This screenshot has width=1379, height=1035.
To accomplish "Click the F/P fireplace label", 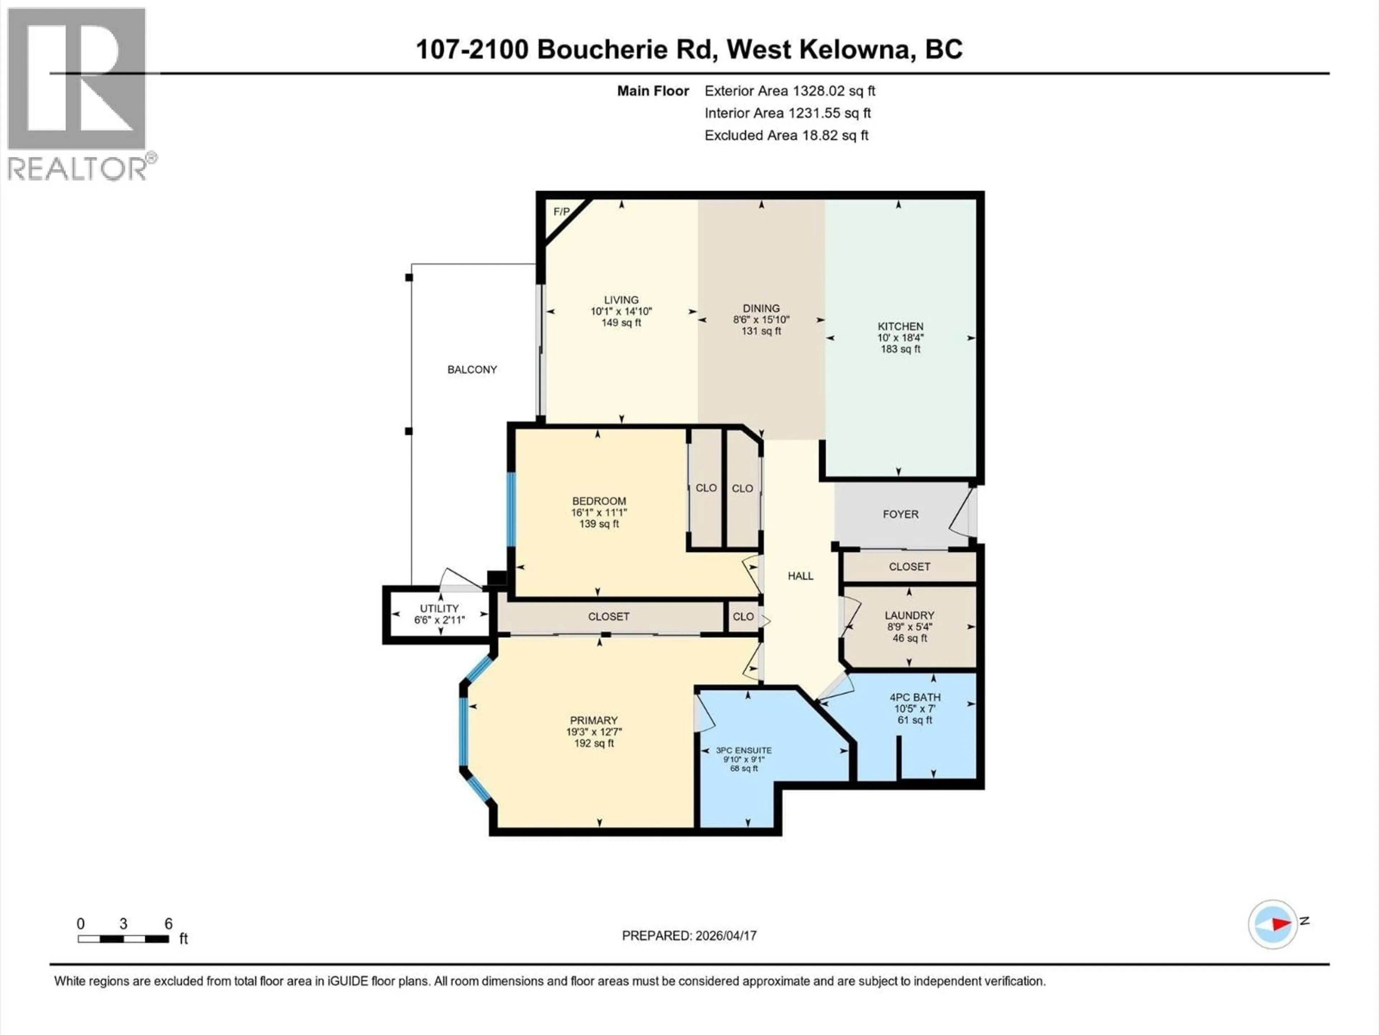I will (x=561, y=211).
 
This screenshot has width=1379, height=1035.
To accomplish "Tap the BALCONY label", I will (x=472, y=369).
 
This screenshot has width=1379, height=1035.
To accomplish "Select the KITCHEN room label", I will (x=900, y=326).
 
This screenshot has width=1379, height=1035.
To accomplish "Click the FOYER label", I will (x=900, y=514).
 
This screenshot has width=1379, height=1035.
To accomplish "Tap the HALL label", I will (x=800, y=576).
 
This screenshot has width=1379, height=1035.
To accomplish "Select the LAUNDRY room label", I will (x=909, y=615).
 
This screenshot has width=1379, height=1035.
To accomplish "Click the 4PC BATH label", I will (x=915, y=698).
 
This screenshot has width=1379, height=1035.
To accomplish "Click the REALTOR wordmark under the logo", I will (x=78, y=169).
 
